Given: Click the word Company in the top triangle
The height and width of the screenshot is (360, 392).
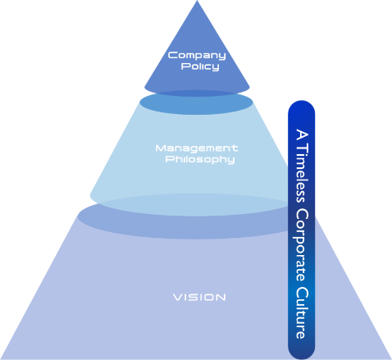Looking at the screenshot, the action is coord(197,56).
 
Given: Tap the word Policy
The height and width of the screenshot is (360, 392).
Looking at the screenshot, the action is coord(200,66).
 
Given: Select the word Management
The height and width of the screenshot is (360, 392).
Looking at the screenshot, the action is coord(197,148).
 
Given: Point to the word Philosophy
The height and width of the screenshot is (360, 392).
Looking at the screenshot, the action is coord(200,160).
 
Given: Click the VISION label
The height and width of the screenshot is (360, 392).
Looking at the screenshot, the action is coord(199,298).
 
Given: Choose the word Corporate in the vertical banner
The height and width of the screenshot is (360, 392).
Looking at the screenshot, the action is coord(302,245).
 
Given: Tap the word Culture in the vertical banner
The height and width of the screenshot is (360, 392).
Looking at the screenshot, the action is coord(303,312).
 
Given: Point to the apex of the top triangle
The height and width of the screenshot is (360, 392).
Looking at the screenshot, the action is coord(197,1).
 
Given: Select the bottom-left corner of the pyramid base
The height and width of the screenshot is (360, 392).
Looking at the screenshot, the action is coord(1,358).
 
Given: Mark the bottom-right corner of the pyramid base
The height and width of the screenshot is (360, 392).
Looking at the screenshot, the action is coord(391,358).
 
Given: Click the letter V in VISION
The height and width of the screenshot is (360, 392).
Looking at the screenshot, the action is coord(178,298).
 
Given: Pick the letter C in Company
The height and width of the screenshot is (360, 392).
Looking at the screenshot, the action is coord(172,55).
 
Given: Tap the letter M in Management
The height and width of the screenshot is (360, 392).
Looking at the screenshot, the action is coord(161,148).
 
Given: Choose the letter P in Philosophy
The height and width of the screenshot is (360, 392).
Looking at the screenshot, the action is coord(169,159).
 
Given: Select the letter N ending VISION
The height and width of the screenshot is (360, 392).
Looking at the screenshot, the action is coord(221,298).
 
